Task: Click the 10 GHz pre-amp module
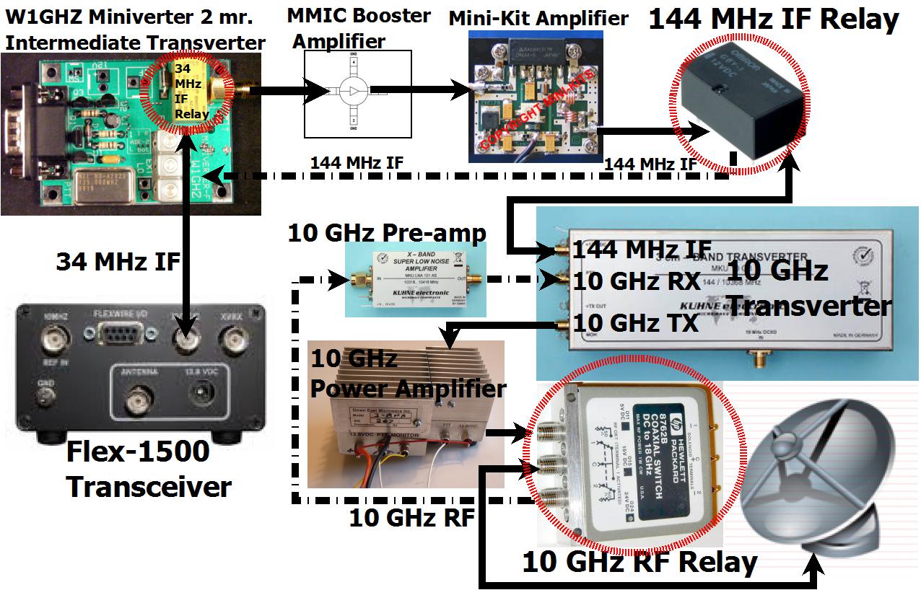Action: tap(416, 278)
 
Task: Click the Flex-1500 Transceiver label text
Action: tap(148, 469)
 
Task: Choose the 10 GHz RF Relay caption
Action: tap(640, 562)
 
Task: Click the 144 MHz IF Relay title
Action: tap(773, 19)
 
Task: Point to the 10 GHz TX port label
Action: tap(635, 322)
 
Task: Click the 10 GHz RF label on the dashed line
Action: tap(411, 517)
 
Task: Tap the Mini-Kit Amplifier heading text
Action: tap(538, 19)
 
